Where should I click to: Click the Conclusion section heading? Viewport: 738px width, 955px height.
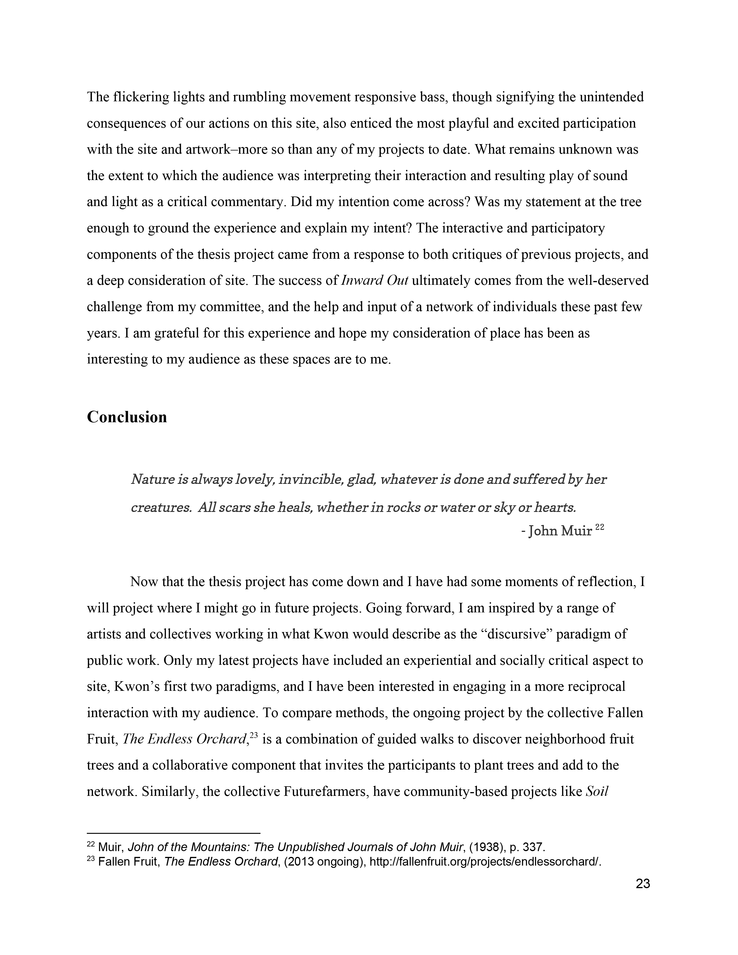pyautogui.click(x=127, y=417)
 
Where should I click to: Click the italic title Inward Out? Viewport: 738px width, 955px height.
pyautogui.click(x=374, y=280)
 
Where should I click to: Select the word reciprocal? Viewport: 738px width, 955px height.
pyautogui.click(x=596, y=687)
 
